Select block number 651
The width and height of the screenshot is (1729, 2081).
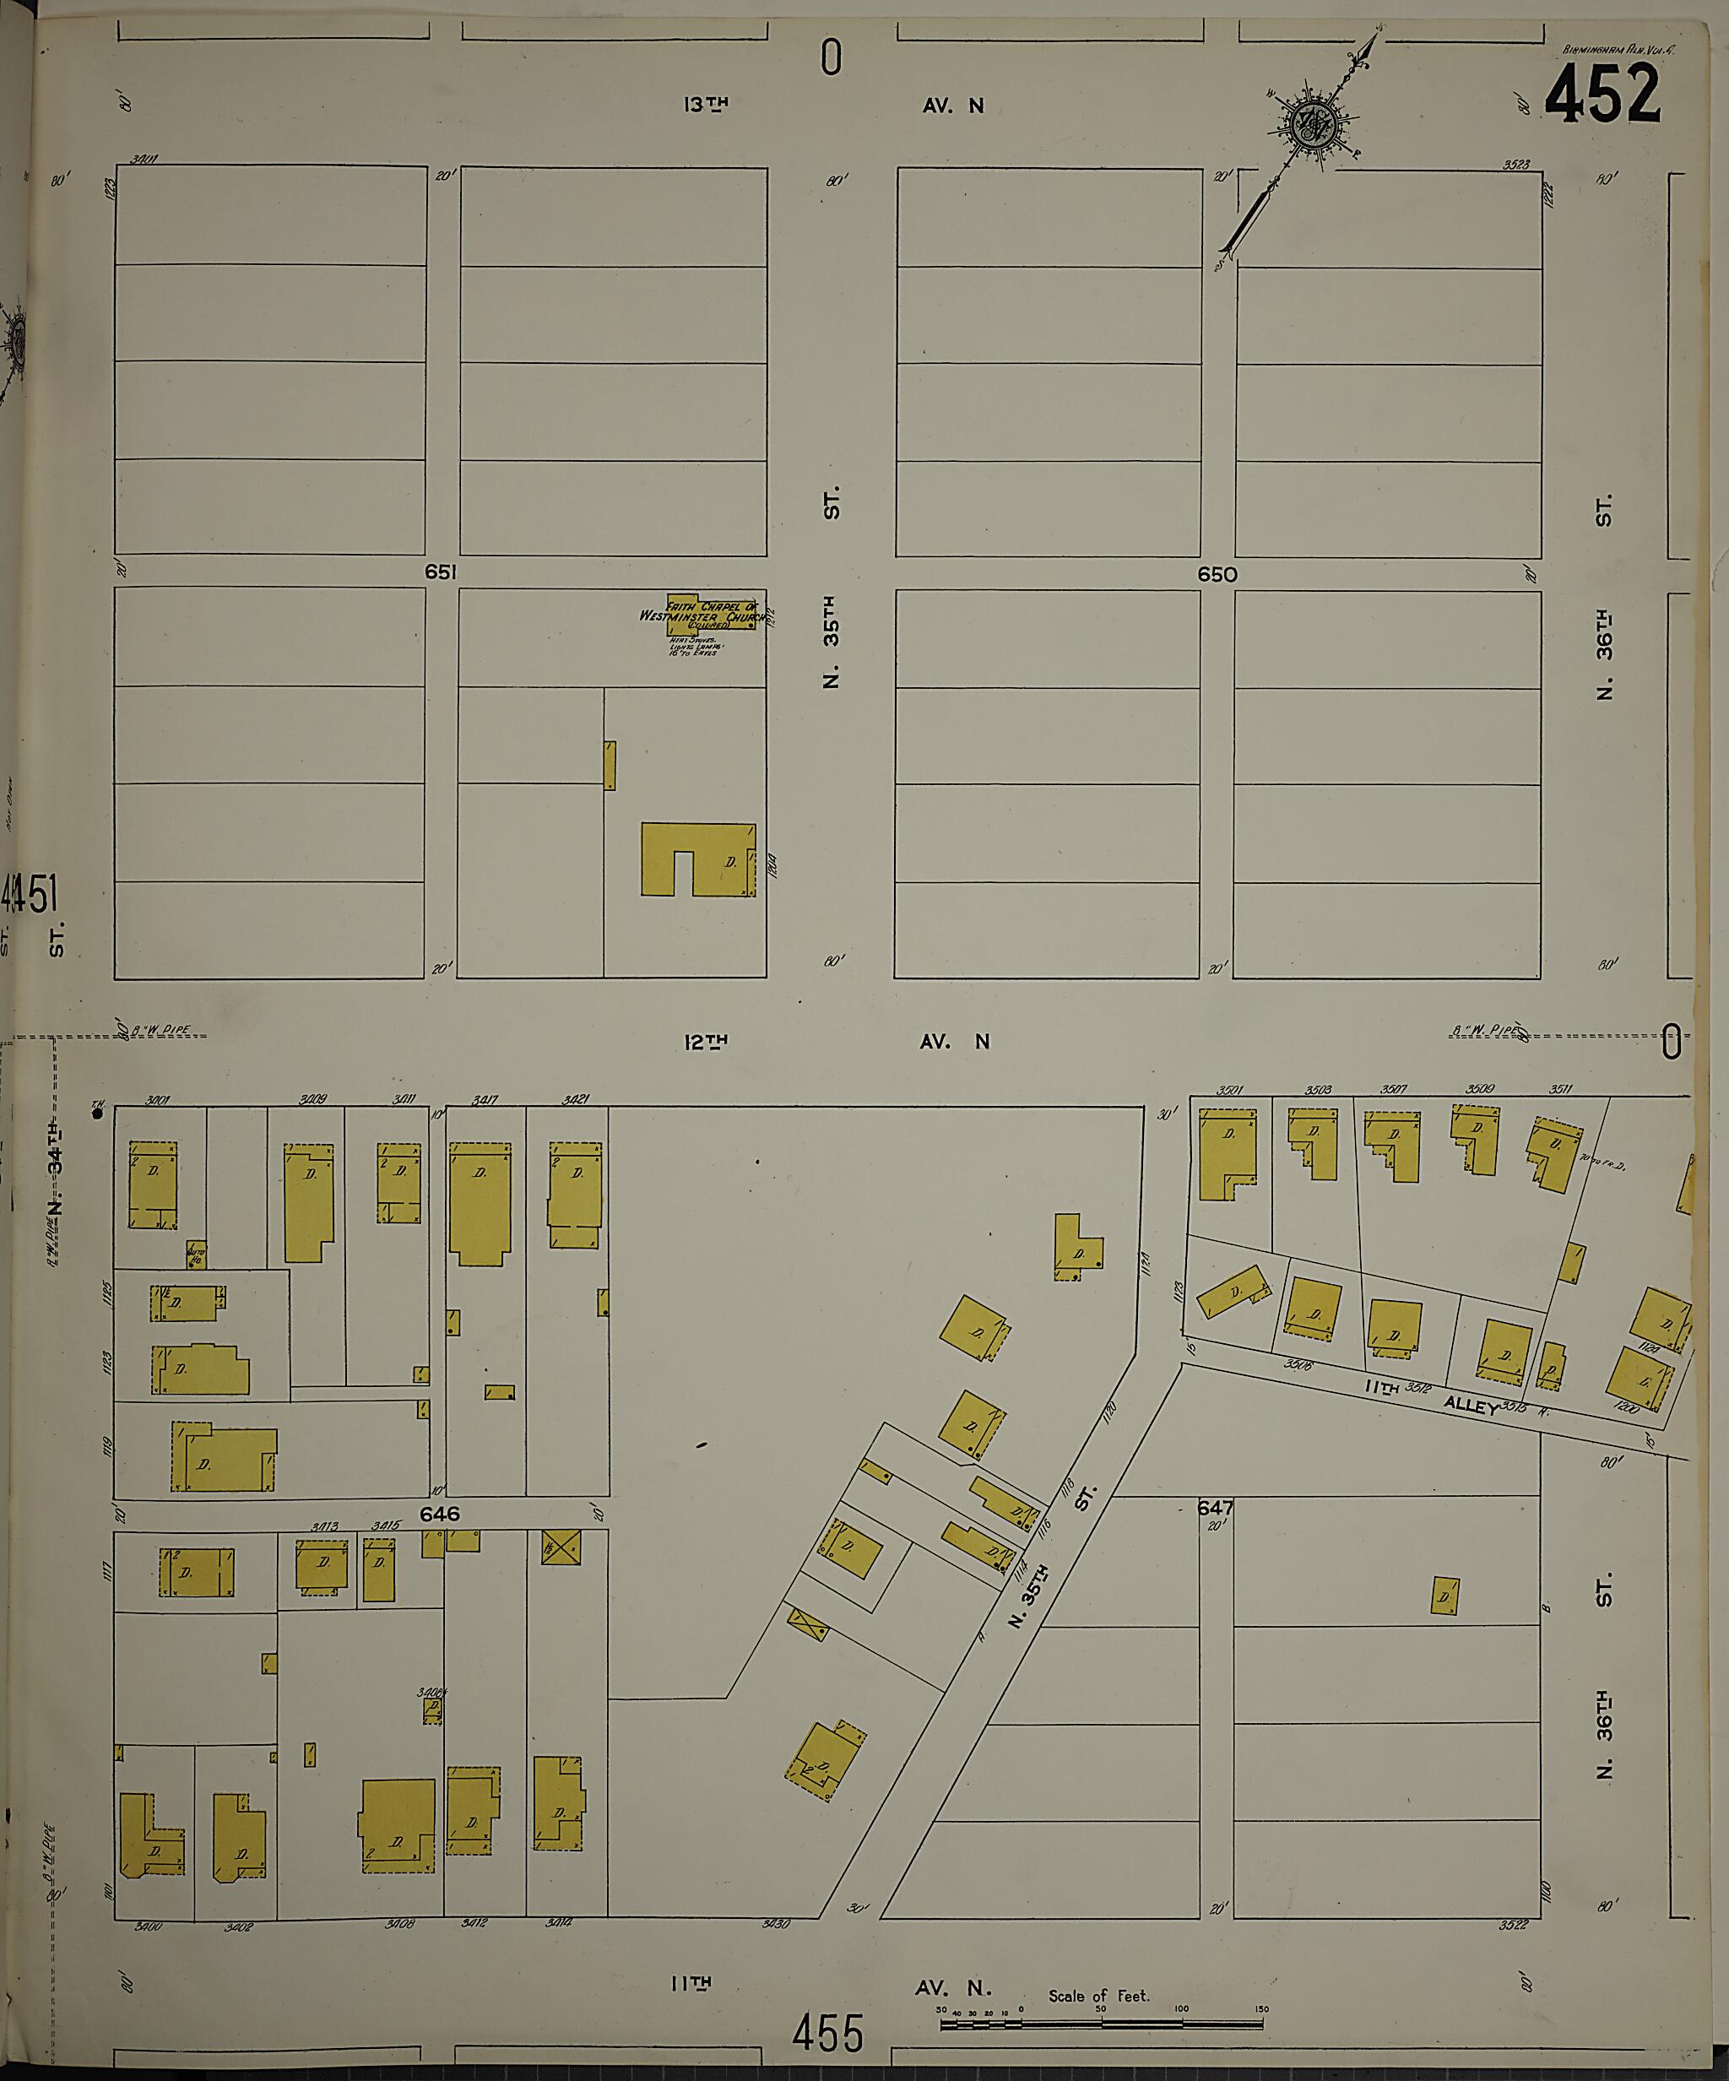[x=441, y=572]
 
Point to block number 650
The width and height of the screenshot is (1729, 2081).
[x=1217, y=574]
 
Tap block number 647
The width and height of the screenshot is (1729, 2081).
[x=1215, y=1535]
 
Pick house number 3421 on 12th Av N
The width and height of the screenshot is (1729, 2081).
[x=576, y=1099]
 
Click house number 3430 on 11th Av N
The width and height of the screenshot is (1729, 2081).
[x=776, y=1925]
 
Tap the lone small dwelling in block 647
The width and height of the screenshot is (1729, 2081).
[x=1444, y=1596]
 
